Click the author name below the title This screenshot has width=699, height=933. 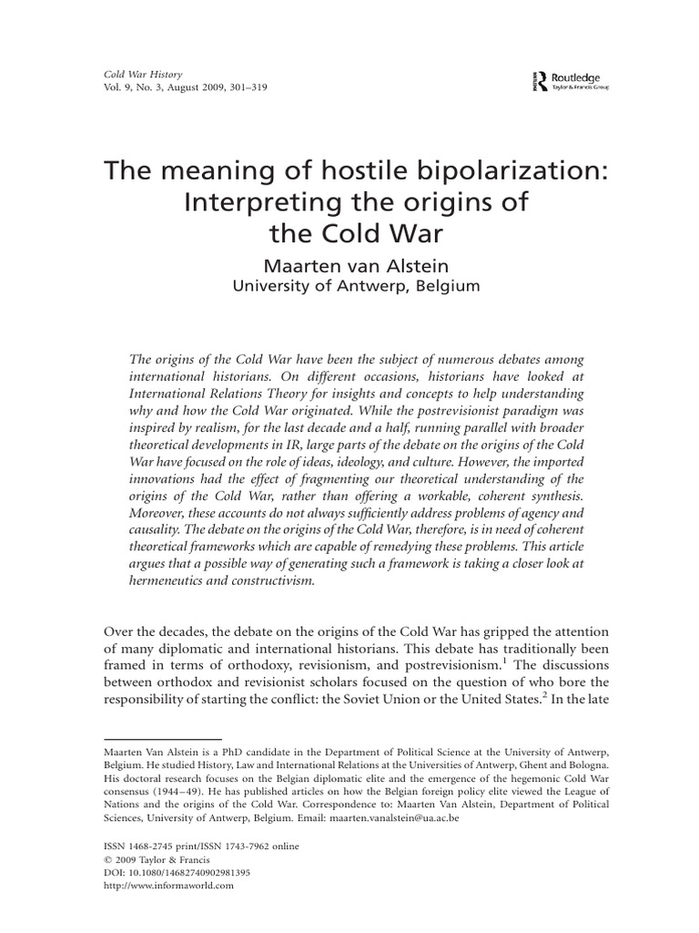tap(349, 264)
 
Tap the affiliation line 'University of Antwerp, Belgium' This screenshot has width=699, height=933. tap(349, 286)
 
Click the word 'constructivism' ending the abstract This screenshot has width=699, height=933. tap(271, 581)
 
